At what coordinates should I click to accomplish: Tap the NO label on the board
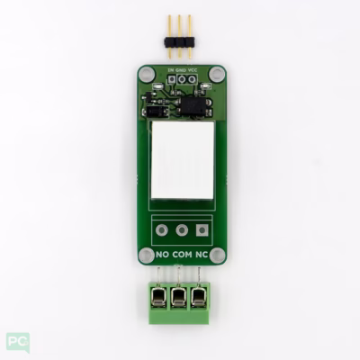(162, 255)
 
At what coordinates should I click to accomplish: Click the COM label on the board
(182, 255)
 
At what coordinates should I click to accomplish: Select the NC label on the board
(202, 255)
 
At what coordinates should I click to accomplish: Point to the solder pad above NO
(162, 230)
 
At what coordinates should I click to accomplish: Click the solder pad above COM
(182, 230)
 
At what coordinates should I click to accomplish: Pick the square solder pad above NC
(202, 230)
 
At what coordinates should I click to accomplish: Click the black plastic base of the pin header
(181, 39)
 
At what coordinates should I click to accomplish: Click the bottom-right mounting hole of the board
(217, 255)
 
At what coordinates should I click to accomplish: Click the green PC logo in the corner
(17, 342)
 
